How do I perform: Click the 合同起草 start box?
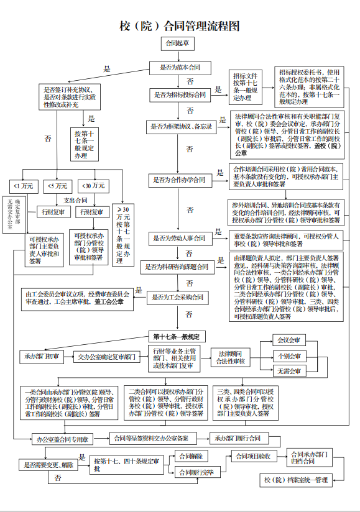tap(179, 44)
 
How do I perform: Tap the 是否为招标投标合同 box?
tap(180, 95)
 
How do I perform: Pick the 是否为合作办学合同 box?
tap(180, 180)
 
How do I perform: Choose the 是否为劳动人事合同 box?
tap(180, 238)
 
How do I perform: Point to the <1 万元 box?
tap(23, 186)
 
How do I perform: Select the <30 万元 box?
tap(91, 186)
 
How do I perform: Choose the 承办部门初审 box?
tap(42, 357)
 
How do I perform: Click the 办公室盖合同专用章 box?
tap(62, 439)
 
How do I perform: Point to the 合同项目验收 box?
tap(251, 456)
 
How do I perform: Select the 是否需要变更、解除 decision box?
tap(48, 464)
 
